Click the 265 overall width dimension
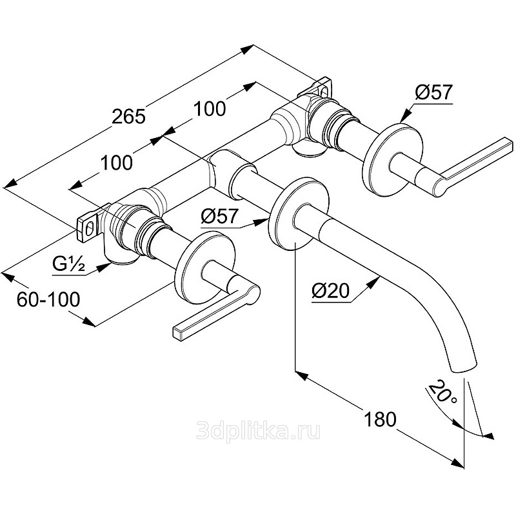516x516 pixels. pos(128,117)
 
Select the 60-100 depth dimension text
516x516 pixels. pos(48,299)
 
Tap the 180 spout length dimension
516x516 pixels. pos(380,419)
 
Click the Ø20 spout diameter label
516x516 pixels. pos(330,291)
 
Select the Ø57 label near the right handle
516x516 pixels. pos(433,92)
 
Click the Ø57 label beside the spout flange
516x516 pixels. pos(219,216)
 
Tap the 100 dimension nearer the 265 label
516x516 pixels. pos(117,163)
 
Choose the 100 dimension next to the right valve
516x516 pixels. pos(210,108)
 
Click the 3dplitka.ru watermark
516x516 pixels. pos(258,430)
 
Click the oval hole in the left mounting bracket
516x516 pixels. pos(90,227)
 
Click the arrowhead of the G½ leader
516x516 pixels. pos(105,265)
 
